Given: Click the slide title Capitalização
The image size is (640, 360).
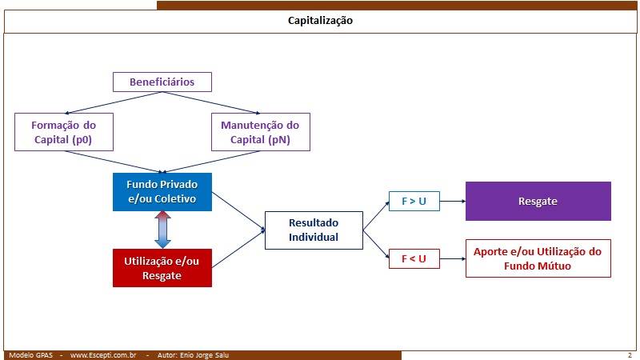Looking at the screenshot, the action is click(321, 21).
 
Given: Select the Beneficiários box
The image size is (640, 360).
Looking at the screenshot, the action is click(162, 82).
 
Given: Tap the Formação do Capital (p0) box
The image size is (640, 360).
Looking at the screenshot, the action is click(64, 132).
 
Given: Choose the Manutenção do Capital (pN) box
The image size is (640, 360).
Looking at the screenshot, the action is click(261, 132).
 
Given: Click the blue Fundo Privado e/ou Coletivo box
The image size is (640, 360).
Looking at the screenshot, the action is click(162, 192).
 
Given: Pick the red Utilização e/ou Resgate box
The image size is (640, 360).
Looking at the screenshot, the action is click(162, 268).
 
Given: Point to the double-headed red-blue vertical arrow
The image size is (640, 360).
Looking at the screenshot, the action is click(162, 230).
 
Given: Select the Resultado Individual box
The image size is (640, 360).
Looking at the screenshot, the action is click(314, 230).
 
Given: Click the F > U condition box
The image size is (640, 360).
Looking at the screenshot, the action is click(414, 202).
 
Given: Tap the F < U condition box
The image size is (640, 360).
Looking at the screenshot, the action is click(414, 258).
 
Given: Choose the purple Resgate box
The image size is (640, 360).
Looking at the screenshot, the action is click(538, 202).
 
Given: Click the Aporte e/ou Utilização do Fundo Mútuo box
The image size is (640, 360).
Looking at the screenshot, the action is click(538, 258).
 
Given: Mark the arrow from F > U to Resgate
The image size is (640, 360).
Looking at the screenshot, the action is click(453, 202).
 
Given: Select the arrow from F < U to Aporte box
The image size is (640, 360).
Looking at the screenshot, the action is click(453, 258).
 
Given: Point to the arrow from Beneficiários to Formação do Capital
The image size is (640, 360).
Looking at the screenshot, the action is click(114, 102).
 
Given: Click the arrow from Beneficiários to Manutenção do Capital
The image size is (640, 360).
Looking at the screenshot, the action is click(211, 102).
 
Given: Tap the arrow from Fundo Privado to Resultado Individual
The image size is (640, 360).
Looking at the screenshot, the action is click(238, 211).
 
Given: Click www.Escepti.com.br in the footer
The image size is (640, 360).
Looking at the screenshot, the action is click(103, 355).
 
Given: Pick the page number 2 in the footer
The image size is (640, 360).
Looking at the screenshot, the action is click(630, 355).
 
